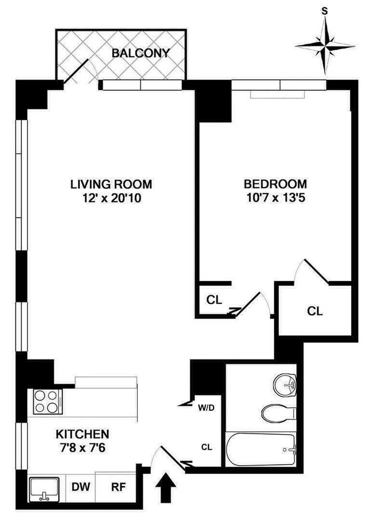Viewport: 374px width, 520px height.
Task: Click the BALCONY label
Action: [141, 53]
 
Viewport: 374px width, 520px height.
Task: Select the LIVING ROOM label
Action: [111, 184]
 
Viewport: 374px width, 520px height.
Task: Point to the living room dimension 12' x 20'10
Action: [111, 197]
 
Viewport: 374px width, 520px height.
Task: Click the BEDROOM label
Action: [275, 184]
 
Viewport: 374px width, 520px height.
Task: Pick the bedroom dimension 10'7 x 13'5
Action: [275, 197]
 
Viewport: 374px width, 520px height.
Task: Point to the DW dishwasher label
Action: [81, 487]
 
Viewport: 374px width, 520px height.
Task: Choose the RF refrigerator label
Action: [118, 487]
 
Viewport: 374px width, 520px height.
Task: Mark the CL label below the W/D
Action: [207, 447]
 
